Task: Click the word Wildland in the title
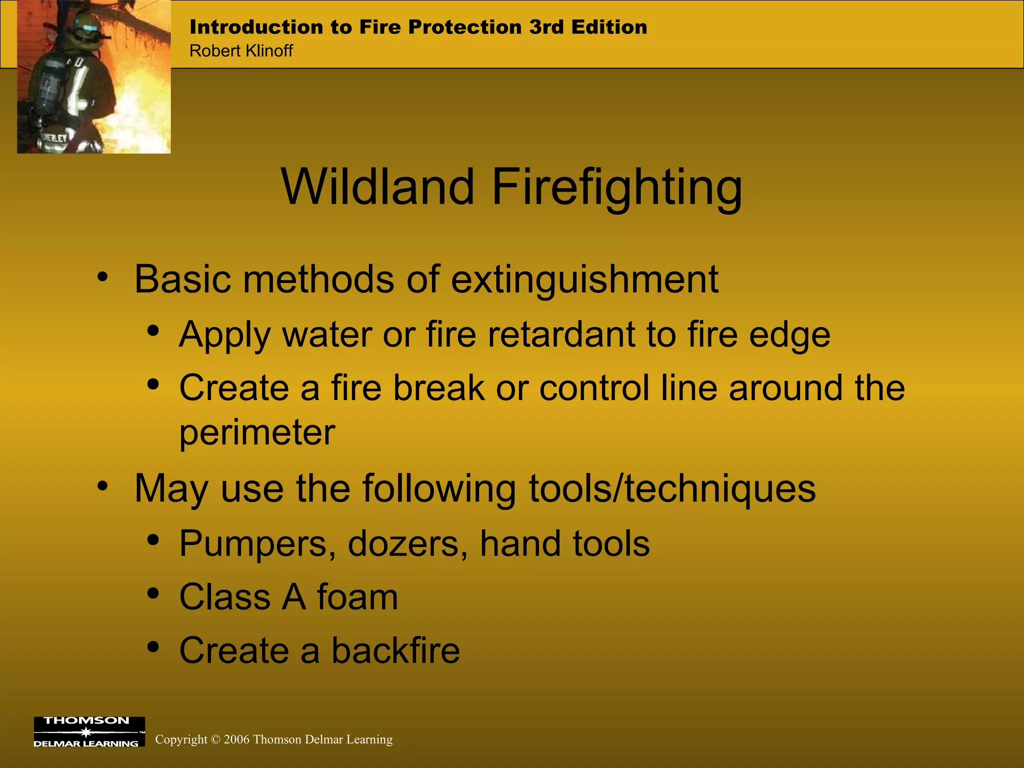tap(377, 186)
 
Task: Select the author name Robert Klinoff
tap(241, 51)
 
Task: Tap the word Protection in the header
tap(464, 27)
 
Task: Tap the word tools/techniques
tap(672, 488)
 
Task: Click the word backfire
tap(395, 650)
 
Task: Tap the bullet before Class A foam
tap(153, 594)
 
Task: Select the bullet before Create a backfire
tap(153, 647)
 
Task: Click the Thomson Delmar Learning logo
tap(89, 732)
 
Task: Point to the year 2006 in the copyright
tap(236, 739)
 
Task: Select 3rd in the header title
tap(546, 27)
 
